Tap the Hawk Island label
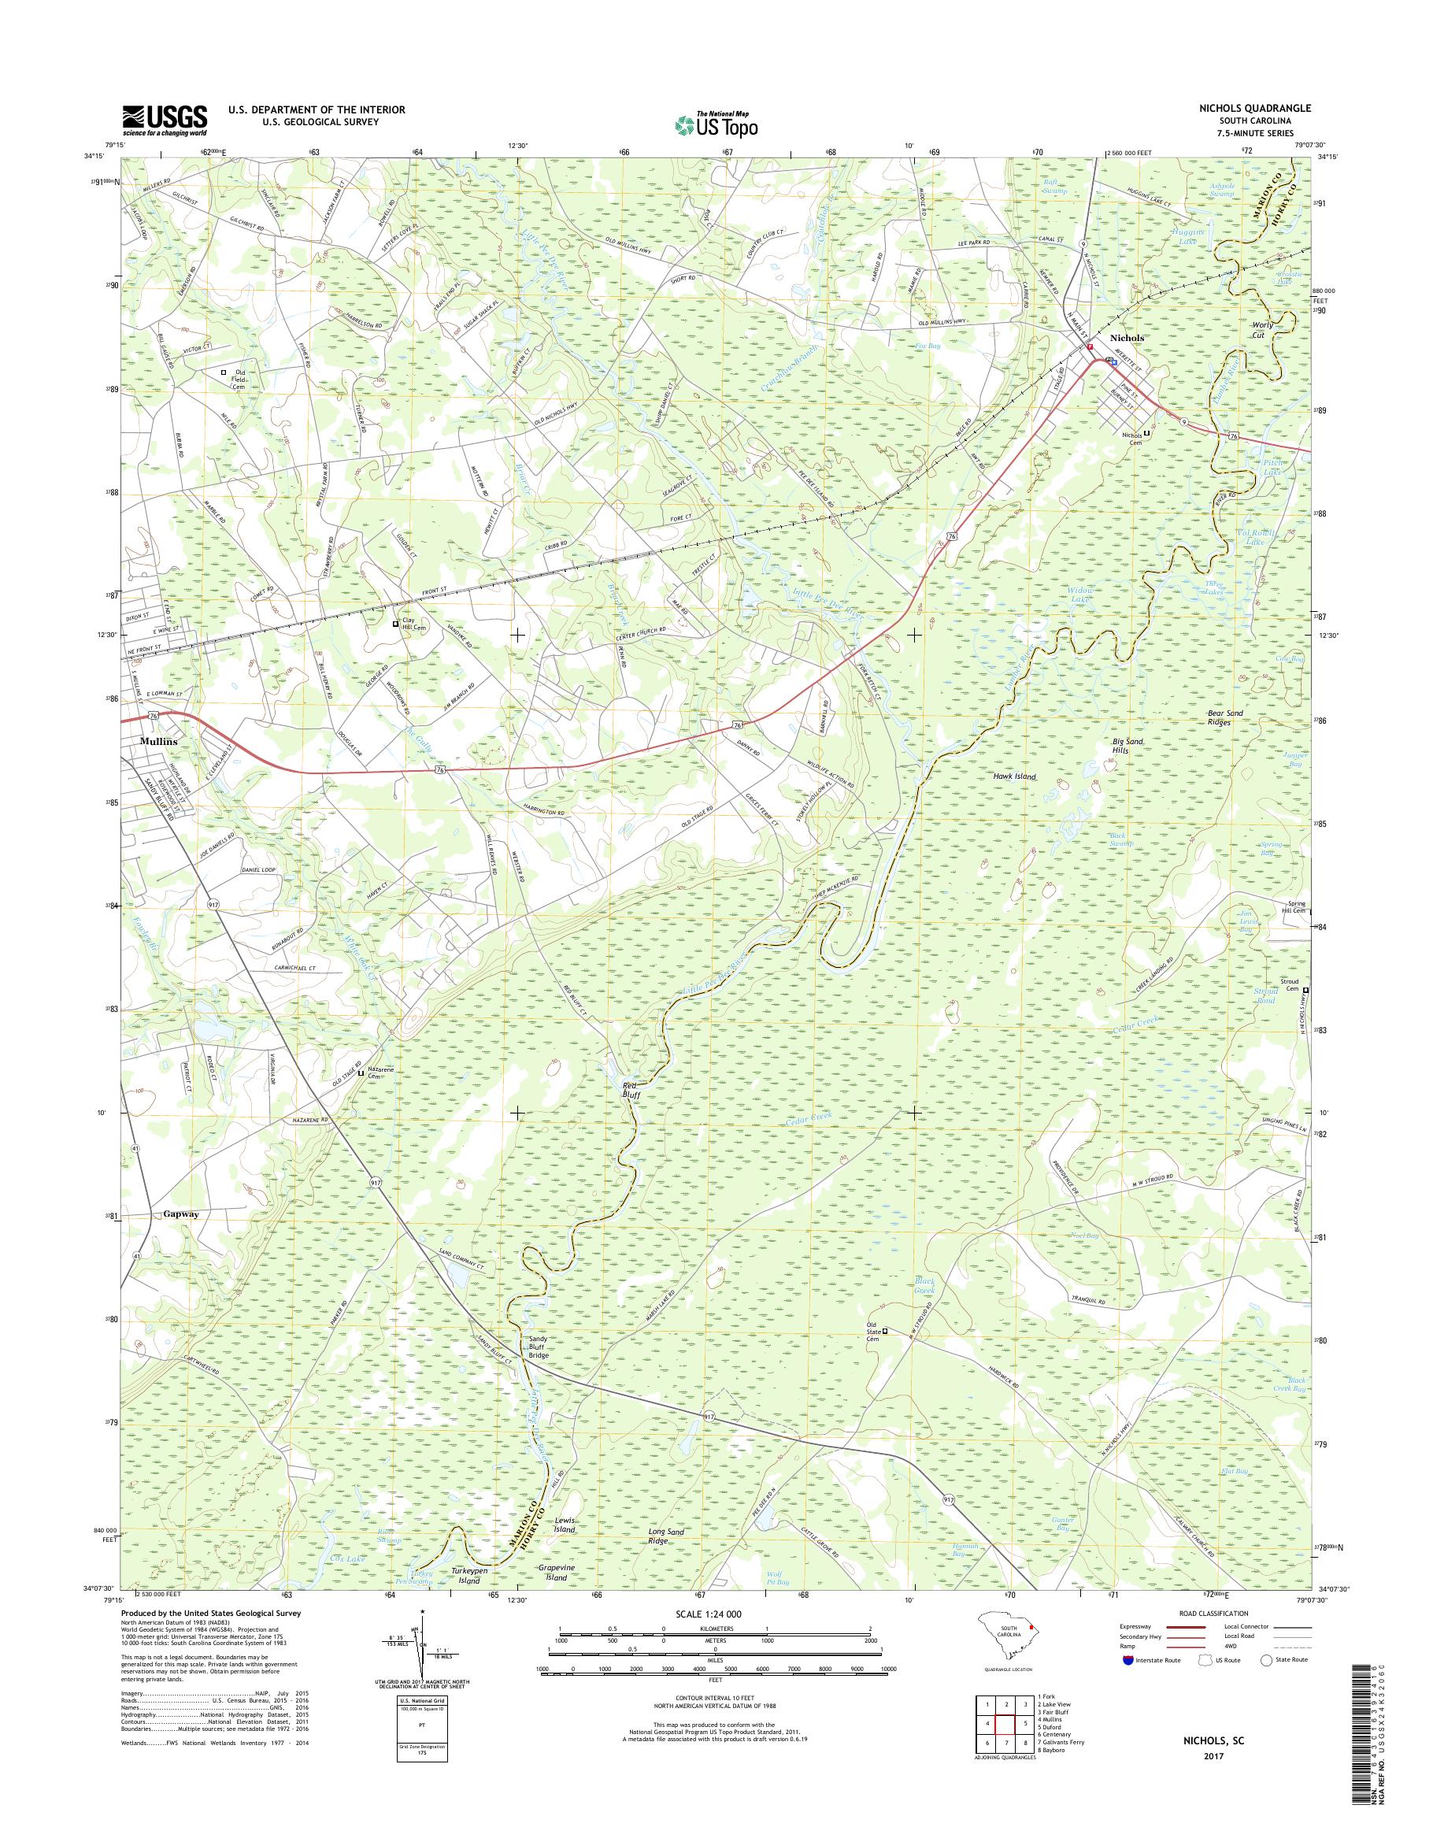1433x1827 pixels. point(1014,777)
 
